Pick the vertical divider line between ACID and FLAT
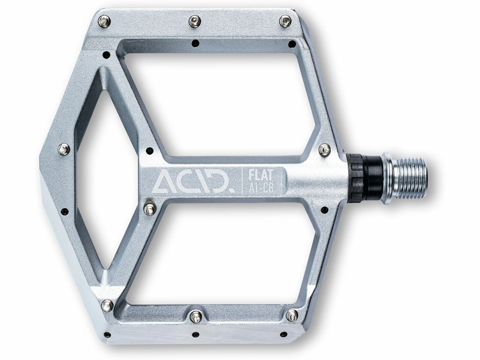(242, 181)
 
